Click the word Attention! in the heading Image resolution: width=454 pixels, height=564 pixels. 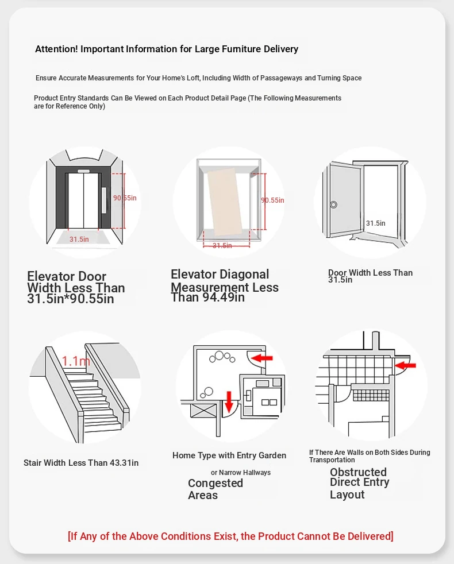point(56,49)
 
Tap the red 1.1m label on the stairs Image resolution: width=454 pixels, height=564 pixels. point(76,361)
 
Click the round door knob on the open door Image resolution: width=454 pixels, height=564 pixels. point(333,204)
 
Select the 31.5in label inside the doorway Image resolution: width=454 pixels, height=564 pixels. point(376,223)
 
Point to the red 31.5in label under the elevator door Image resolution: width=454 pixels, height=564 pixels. point(79,239)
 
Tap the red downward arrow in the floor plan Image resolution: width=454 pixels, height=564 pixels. point(229,401)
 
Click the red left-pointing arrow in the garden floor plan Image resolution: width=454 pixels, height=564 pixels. point(263,358)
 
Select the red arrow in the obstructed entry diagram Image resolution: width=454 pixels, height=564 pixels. point(406,365)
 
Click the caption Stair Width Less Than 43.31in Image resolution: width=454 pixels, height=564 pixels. point(81,463)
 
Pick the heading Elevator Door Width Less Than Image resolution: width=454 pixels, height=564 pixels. point(75,283)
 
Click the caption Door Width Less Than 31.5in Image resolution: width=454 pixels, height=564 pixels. point(370,276)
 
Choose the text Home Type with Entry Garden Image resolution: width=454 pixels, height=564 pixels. point(229,455)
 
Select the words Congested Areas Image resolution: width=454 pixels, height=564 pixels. point(216,489)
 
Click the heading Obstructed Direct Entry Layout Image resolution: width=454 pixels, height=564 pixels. point(359,483)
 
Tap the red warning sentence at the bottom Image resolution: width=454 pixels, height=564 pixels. point(230,536)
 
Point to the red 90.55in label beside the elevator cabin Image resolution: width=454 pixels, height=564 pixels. point(272,200)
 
